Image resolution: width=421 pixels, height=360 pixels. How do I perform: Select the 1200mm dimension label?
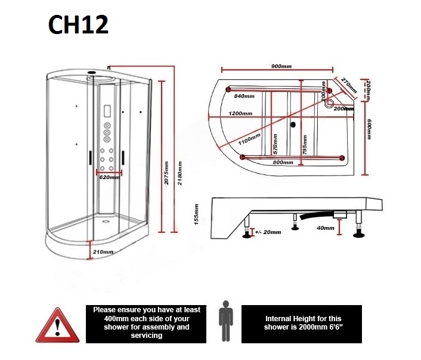[239, 113]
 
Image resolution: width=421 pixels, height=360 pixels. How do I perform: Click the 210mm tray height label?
[103, 252]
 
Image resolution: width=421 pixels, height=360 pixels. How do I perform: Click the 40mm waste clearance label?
[326, 228]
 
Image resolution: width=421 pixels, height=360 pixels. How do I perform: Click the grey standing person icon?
[225, 322]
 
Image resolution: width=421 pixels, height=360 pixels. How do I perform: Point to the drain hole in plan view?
[292, 125]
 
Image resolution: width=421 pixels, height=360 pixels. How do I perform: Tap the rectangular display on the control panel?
[107, 112]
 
